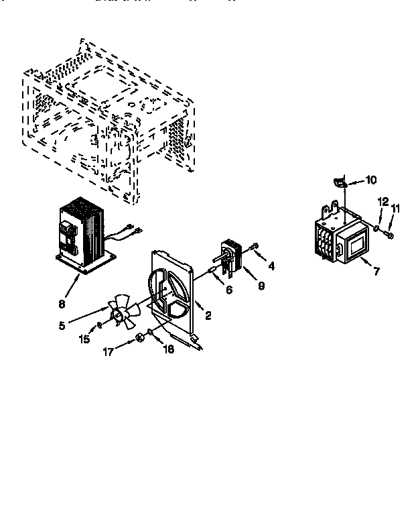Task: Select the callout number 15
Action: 84,339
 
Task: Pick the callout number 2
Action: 209,315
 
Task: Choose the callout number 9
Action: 261,285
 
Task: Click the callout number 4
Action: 272,266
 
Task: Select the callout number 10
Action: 372,180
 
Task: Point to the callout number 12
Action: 382,201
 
